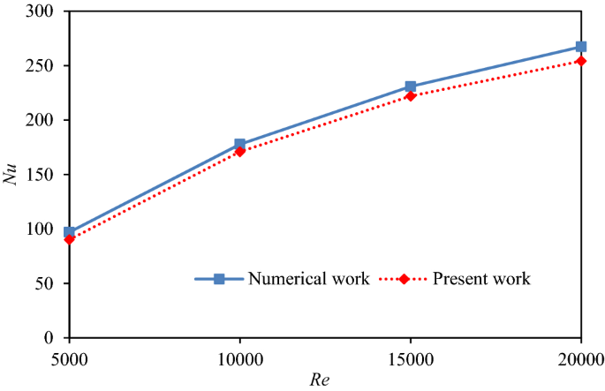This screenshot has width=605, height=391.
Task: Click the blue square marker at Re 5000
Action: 70,233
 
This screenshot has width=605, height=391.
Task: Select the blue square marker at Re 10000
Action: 239,145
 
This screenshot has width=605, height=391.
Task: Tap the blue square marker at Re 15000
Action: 411,87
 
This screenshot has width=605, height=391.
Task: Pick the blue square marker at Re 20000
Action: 581,47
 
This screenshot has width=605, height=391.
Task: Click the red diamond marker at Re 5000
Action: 70,239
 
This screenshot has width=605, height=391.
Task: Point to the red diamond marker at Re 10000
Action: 239,152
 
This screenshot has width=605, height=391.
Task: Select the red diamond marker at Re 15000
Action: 411,96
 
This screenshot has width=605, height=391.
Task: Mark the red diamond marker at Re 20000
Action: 581,61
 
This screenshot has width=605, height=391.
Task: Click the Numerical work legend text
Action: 308,279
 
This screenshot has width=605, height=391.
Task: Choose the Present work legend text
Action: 481,279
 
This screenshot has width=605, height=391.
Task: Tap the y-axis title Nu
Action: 11,174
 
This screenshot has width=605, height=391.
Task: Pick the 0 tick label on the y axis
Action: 49,338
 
